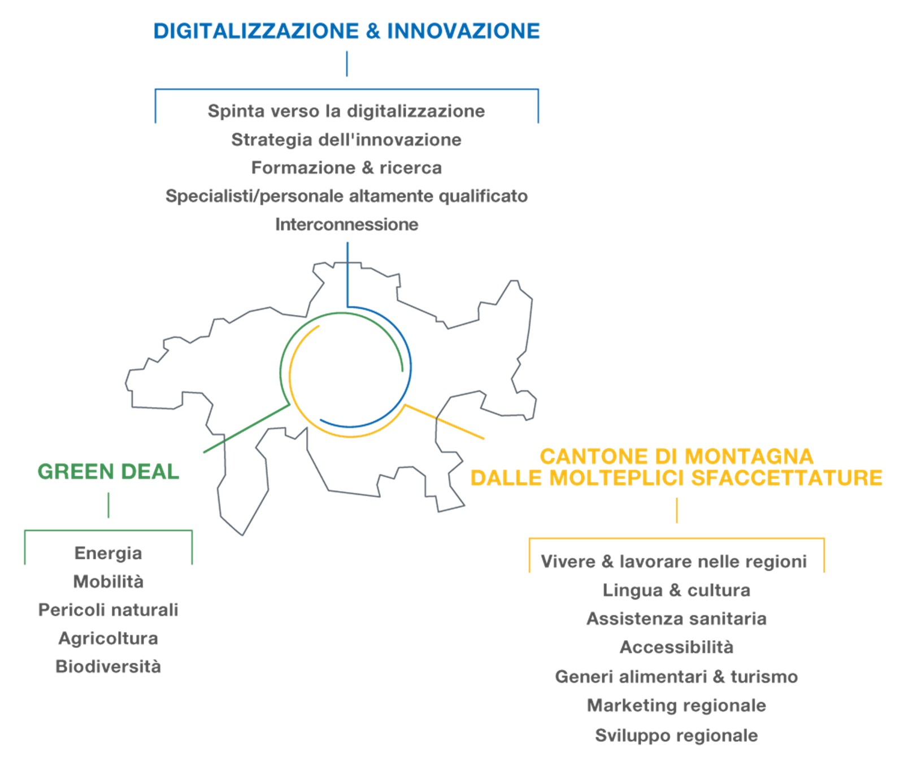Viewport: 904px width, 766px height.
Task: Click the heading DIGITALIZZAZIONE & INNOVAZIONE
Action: coord(347,32)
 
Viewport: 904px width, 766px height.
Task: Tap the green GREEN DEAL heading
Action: coord(108,472)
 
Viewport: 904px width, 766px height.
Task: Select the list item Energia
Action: coord(108,553)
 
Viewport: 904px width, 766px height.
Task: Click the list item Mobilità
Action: coord(108,581)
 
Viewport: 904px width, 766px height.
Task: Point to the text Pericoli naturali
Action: coord(108,610)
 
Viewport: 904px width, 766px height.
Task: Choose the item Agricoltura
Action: coord(108,638)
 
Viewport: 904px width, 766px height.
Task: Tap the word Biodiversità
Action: coord(108,667)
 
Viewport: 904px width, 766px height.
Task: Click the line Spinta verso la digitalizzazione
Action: coord(346,111)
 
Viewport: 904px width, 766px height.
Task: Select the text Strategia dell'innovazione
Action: coord(346,139)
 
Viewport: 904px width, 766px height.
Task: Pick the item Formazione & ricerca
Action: coord(346,168)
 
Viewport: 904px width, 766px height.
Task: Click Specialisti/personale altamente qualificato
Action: coord(346,196)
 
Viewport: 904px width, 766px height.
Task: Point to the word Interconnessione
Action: coord(346,225)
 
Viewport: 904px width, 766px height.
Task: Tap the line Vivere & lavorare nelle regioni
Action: coord(673,562)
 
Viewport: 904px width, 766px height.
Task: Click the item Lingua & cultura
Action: coord(677,590)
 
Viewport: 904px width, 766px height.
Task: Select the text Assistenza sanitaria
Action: coord(677,619)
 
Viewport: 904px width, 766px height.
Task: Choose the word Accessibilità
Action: coord(677,647)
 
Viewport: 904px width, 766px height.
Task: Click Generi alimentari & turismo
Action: coord(677,676)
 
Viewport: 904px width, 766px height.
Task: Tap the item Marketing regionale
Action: coord(677,706)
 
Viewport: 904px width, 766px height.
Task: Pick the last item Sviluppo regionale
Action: coord(677,736)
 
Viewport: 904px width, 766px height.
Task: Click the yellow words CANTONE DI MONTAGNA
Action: coord(677,456)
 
